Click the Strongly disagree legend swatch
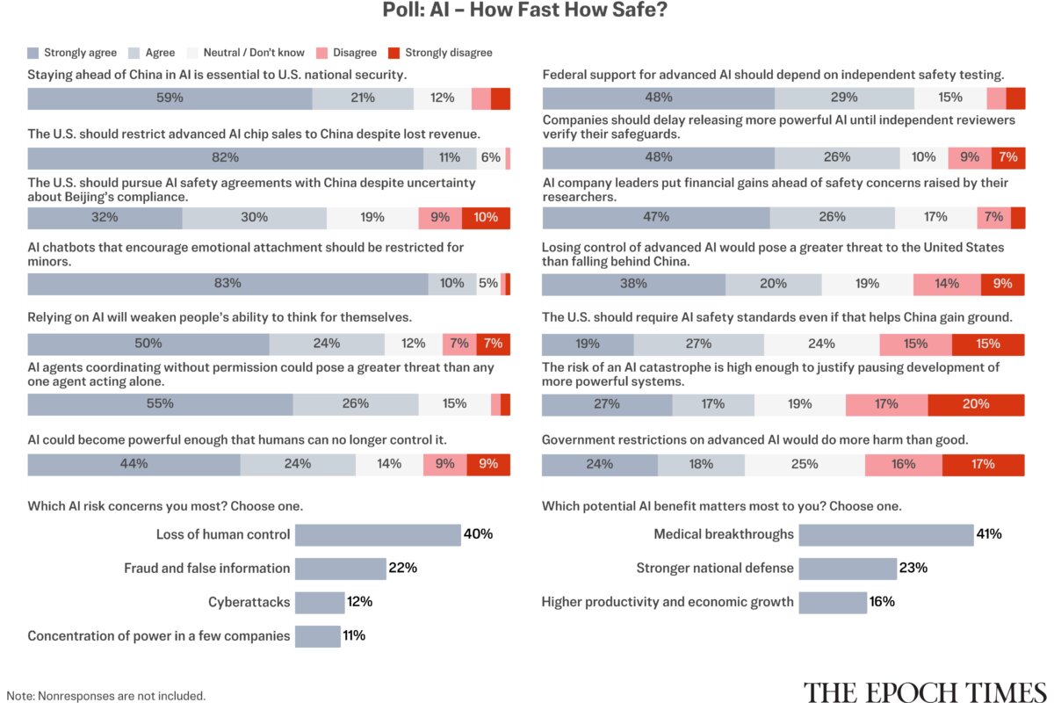393,53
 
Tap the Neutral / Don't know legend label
254,52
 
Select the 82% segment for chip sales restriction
226,158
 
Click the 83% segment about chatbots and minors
227,284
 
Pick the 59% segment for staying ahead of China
170,98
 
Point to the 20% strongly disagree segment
976,404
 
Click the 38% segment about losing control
633,285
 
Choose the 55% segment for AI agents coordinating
160,404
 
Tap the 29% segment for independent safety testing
844,98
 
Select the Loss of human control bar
378,535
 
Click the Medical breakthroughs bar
886,535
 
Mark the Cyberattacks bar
320,603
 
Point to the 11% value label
354,635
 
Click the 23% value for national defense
913,568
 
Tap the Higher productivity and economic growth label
668,602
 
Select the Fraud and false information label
207,569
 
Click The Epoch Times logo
925,692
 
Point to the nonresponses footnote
106,696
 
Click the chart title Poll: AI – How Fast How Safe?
524,10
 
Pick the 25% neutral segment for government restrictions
805,465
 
